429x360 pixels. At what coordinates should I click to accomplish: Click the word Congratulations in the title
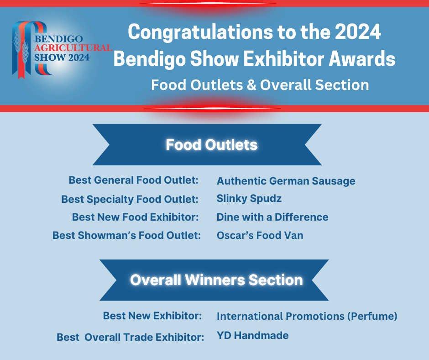coord(200,32)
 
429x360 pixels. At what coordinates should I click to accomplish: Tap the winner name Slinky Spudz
coord(249,199)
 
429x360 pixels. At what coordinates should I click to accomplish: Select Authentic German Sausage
coord(286,181)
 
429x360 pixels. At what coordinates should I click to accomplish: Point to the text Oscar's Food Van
coord(260,235)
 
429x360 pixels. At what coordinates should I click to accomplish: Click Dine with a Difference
coord(272,217)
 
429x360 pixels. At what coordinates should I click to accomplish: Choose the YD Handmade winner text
coord(252,335)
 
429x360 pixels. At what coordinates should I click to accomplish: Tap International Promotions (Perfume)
coord(307,316)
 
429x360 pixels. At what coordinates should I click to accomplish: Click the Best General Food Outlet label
coord(134,180)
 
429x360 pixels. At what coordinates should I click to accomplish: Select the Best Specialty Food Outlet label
coord(130,199)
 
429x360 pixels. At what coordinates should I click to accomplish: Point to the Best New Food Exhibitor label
coord(135,217)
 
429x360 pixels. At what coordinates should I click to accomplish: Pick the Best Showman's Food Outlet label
coord(126,235)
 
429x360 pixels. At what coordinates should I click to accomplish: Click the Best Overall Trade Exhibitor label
coord(130,337)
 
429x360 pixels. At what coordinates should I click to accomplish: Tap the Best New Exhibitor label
coord(152,316)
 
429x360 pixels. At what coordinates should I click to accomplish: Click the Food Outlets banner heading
coord(211,145)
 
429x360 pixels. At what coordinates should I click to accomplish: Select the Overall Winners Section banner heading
coord(216,280)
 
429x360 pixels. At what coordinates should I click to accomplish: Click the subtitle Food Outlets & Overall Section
coord(260,85)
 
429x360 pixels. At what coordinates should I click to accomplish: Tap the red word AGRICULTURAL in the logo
coord(73,48)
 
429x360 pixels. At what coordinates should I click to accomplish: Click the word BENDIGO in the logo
coord(58,39)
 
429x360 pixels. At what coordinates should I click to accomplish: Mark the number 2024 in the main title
coord(358,32)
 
